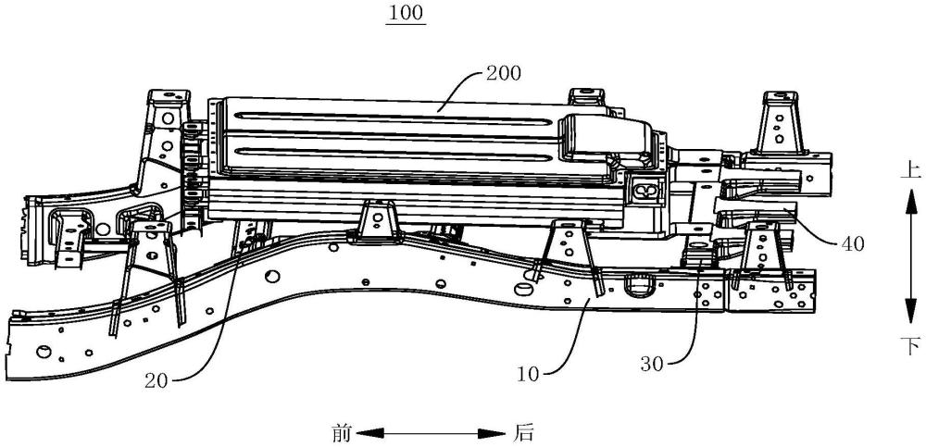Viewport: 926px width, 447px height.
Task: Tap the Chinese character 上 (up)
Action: [910, 169]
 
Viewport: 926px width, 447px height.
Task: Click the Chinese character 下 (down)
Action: [910, 346]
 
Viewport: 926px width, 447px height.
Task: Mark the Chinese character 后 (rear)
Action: [523, 431]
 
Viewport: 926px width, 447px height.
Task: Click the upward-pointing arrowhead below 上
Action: [910, 195]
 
